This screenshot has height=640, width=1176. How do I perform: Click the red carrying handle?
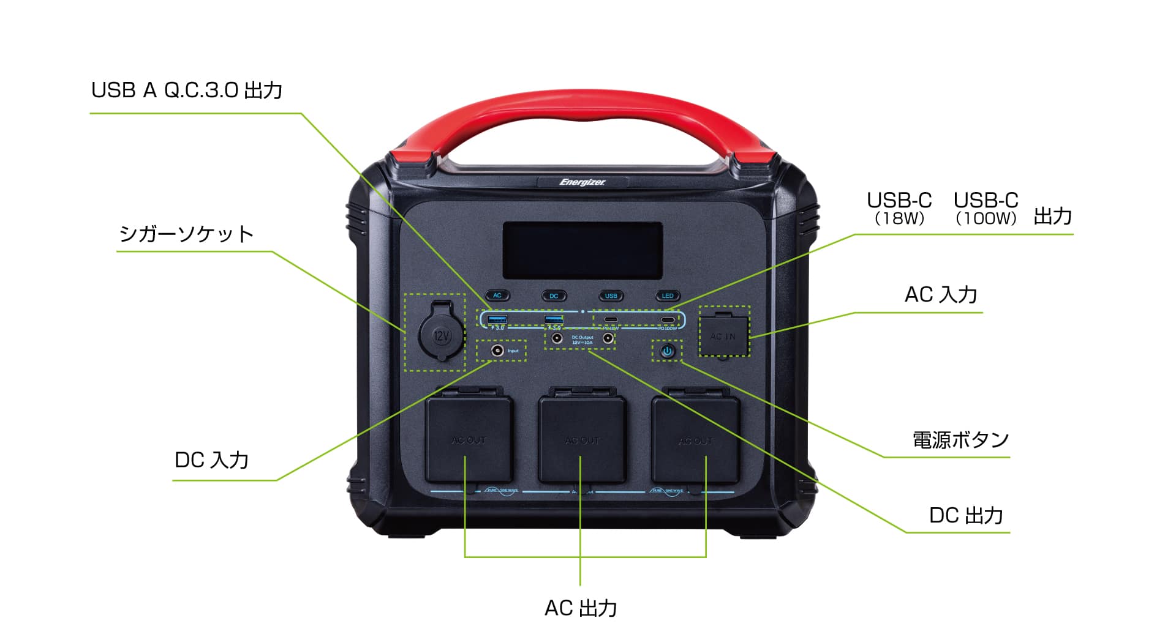pos(582,113)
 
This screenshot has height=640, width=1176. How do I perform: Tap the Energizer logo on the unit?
pos(582,182)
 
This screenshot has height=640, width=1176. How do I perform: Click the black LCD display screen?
pos(582,250)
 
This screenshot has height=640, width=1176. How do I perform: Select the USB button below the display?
pos(611,296)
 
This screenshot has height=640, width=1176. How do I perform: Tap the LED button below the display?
pos(668,296)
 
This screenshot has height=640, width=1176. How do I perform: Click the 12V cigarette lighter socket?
pos(435,335)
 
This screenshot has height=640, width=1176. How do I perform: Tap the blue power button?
pos(667,351)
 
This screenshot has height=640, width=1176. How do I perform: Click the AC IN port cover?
pos(723,336)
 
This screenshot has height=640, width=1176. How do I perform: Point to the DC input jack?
pos(497,351)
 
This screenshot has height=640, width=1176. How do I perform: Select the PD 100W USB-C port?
pos(668,320)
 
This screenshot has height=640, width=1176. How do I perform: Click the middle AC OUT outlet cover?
pos(582,439)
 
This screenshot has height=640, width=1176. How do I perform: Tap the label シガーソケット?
pos(186,234)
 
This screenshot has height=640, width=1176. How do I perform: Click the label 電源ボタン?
pos(960,440)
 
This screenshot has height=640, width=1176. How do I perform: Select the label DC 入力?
pos(211,460)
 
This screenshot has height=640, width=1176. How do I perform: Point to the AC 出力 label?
pos(581,608)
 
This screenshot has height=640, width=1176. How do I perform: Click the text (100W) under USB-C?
pos(986,218)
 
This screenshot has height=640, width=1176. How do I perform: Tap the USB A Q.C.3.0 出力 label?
pos(187,91)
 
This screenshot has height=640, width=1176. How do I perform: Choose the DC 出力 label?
pos(966,516)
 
